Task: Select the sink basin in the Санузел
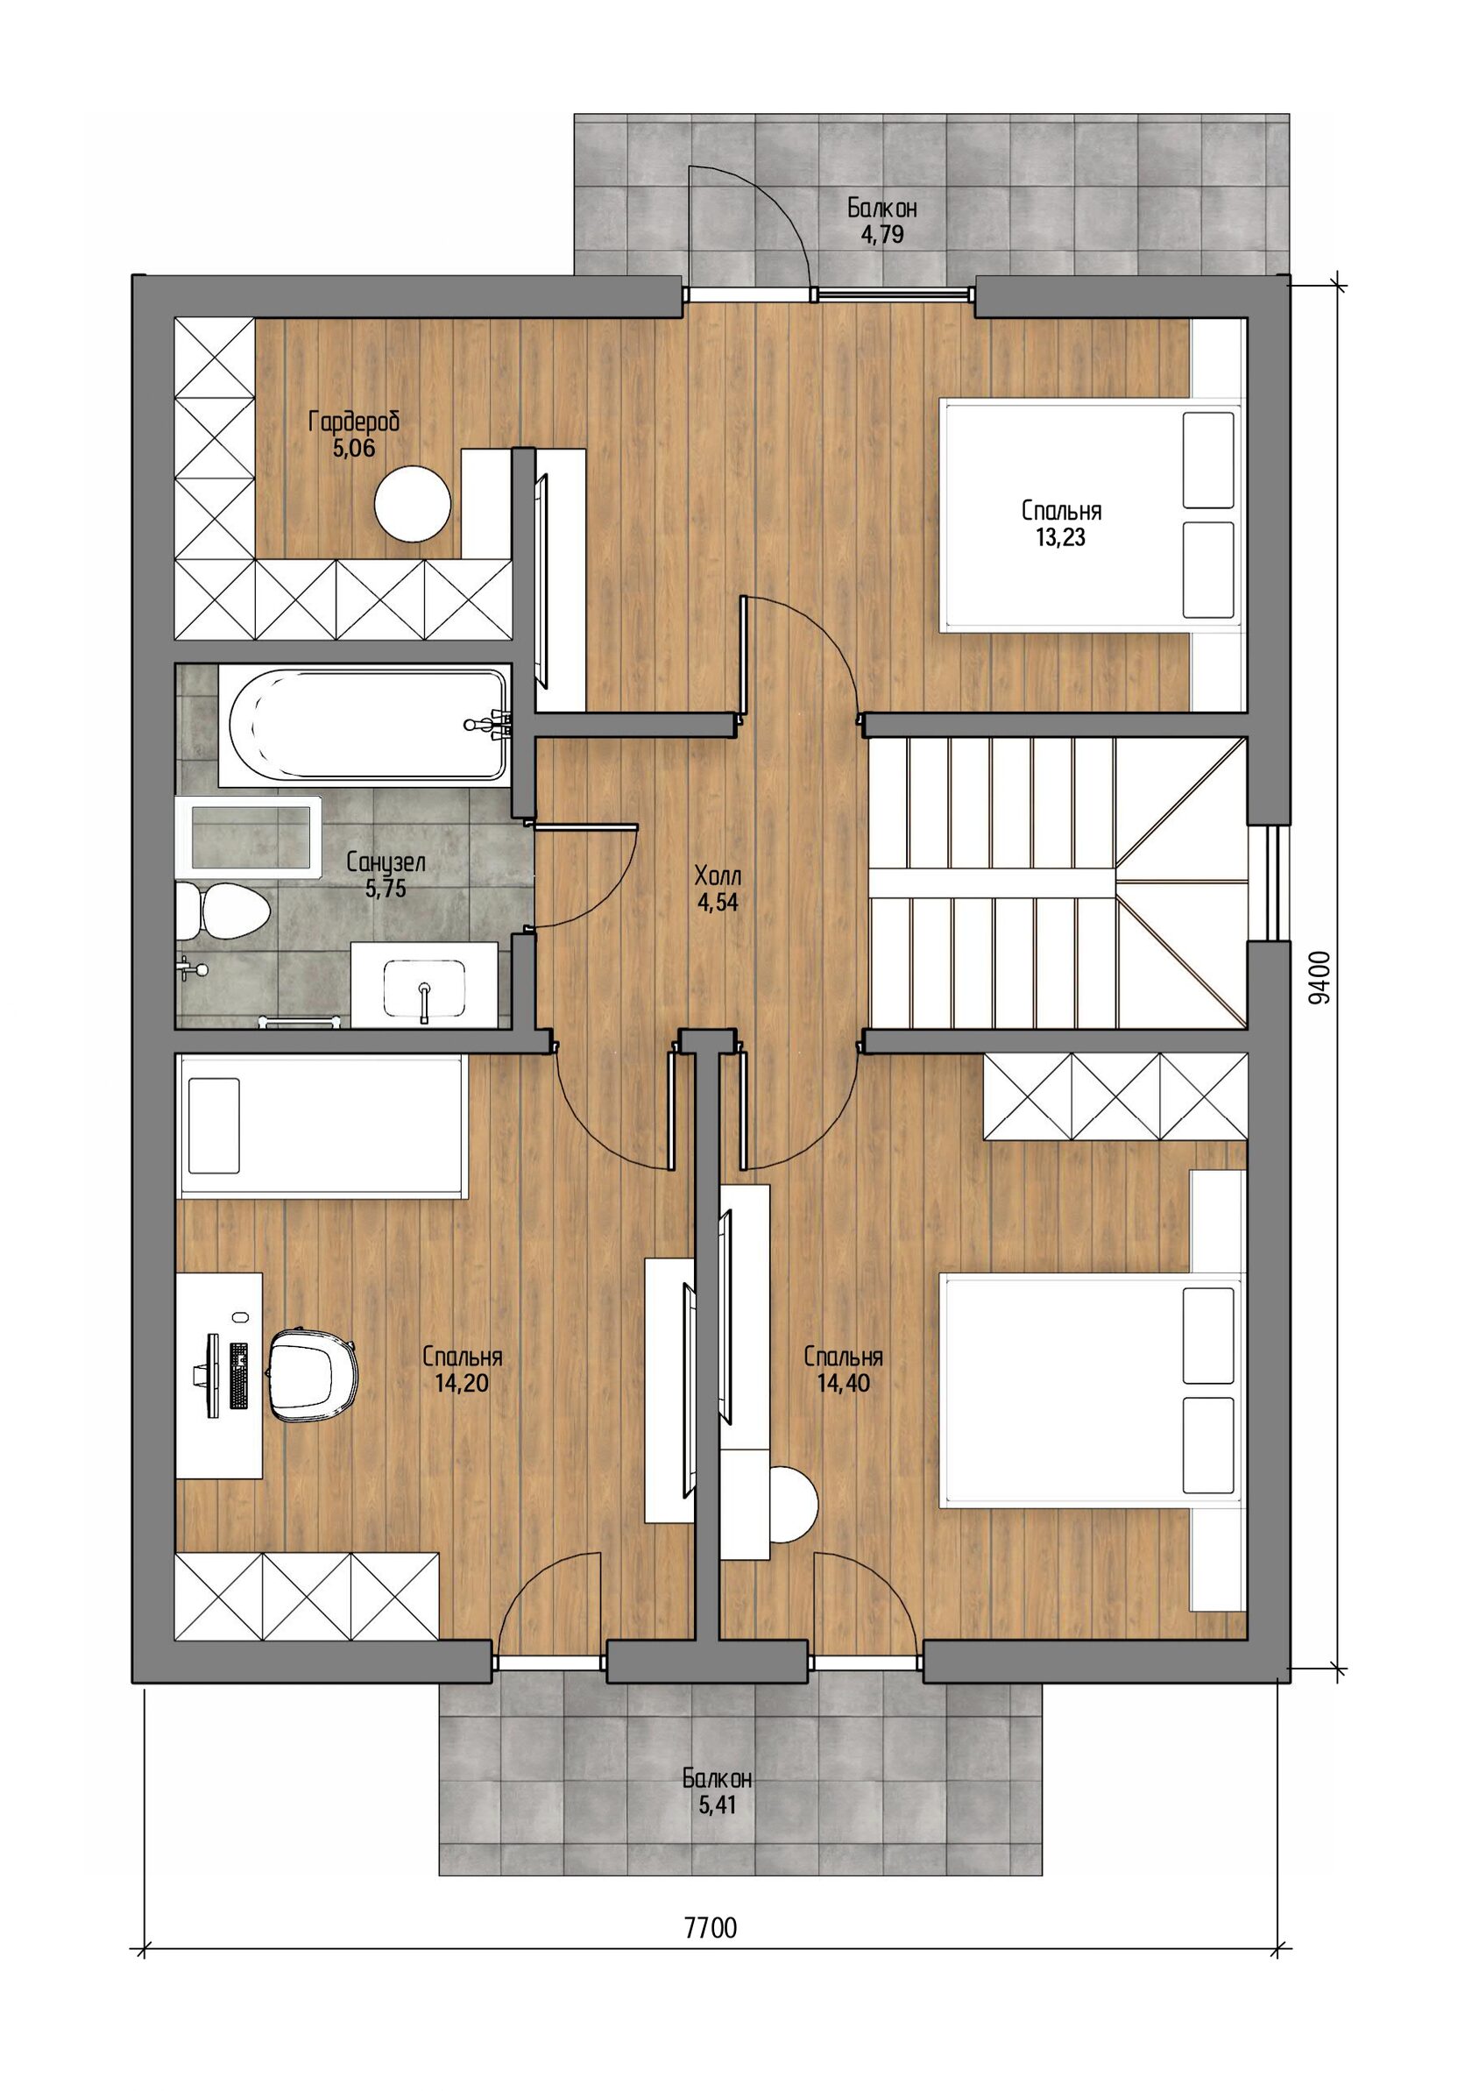(424, 986)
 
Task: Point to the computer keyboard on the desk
(238, 1376)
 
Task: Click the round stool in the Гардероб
(414, 504)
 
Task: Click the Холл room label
(718, 877)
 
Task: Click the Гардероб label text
(354, 422)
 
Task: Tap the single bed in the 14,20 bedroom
(322, 1125)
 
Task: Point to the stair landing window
(1270, 882)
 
